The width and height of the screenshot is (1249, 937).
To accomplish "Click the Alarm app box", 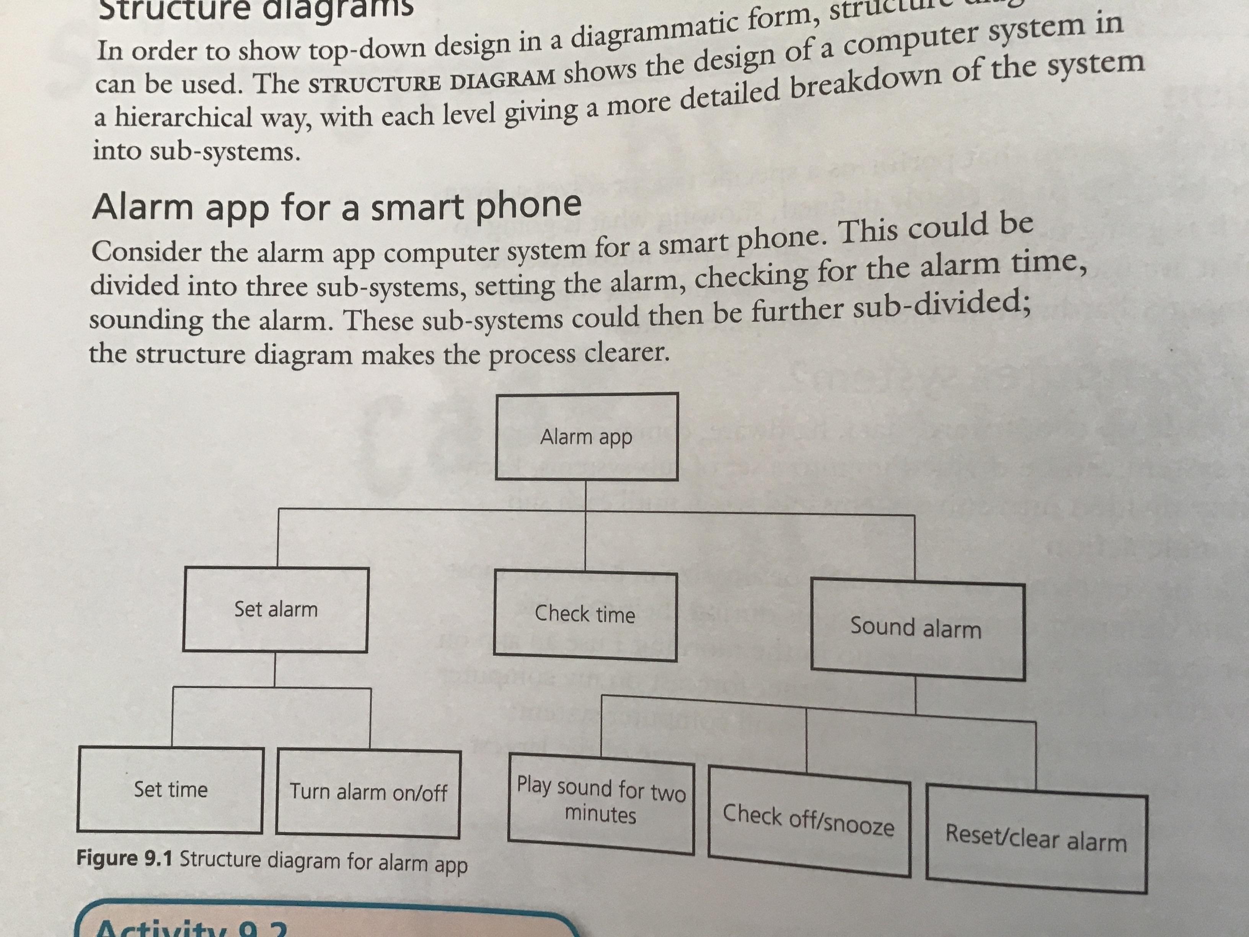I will (x=587, y=437).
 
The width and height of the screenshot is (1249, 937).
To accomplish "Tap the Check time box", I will (x=585, y=615).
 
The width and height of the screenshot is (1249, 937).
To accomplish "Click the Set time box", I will (x=171, y=790).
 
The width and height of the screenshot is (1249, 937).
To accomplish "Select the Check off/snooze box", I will (x=809, y=820).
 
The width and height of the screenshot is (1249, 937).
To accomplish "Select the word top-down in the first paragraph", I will (x=360, y=51).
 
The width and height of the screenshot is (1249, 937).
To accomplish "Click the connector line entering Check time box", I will (x=585, y=542).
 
